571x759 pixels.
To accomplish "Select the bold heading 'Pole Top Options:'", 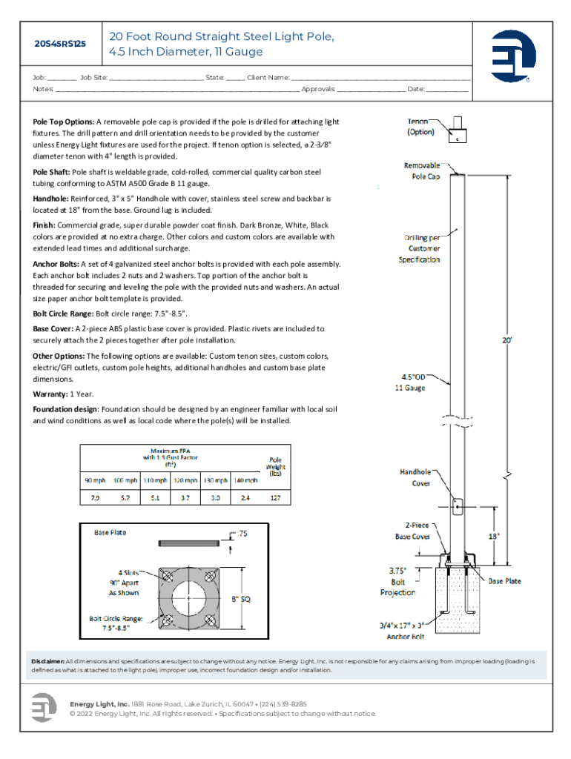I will [x=63, y=122].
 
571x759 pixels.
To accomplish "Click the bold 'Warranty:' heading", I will [x=52, y=394].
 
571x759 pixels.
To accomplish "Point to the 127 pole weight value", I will [x=275, y=498].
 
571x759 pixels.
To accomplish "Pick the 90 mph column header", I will [x=95, y=480].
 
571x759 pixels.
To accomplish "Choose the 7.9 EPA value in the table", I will [x=95, y=498].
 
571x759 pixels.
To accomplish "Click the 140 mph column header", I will [x=245, y=480].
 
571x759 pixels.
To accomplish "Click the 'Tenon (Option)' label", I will [x=420, y=126].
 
